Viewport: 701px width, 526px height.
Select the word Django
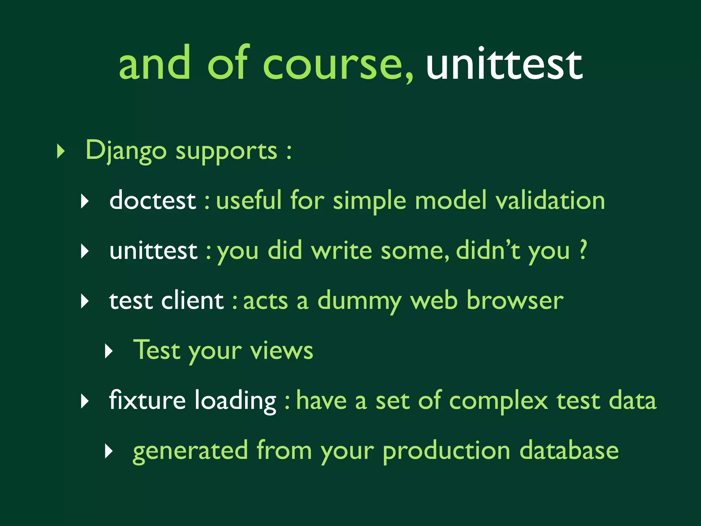point(126,151)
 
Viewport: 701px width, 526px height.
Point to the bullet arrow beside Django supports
point(61,151)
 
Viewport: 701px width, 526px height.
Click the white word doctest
point(153,200)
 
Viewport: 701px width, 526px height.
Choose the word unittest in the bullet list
point(153,251)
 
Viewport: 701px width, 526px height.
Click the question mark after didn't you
point(583,250)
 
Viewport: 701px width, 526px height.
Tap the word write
point(341,251)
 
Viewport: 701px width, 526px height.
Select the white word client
point(192,301)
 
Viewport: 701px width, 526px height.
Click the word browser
point(515,301)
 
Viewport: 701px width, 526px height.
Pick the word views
point(281,351)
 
